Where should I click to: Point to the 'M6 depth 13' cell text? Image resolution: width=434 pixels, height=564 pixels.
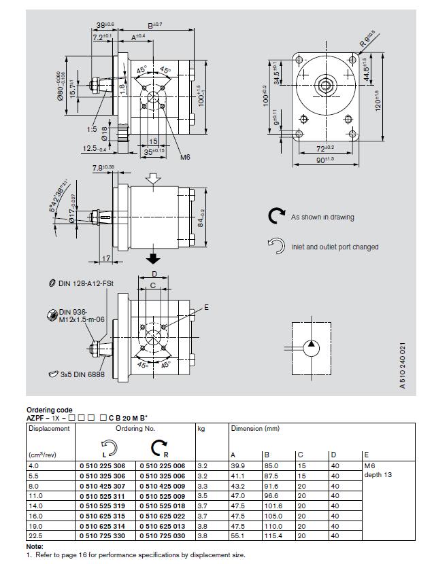378,470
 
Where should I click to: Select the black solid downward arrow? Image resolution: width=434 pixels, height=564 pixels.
154,258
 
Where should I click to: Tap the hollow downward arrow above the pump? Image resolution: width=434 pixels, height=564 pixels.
154,179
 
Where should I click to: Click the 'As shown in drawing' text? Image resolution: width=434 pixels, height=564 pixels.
322,217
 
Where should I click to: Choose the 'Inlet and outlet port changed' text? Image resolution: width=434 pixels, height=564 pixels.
335,247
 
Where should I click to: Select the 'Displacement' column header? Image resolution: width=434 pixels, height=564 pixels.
49,429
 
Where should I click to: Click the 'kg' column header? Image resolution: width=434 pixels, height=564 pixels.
201,429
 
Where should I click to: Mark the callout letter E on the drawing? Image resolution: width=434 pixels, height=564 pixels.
206,307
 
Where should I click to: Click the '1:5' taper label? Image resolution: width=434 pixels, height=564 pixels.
93,129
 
